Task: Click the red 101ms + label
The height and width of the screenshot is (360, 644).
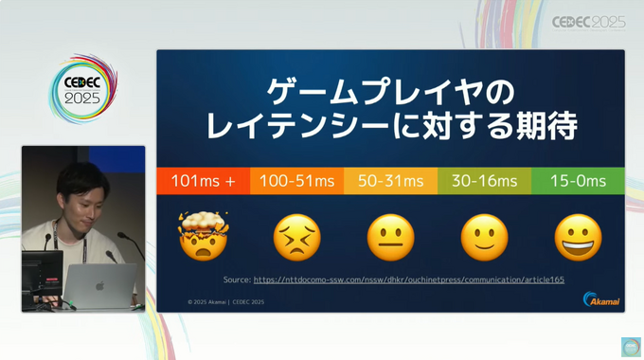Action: [x=204, y=181]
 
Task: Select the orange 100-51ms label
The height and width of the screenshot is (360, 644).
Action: [x=296, y=181]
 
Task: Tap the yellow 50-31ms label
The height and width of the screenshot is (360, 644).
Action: [x=390, y=181]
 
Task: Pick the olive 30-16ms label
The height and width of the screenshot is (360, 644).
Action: [x=484, y=181]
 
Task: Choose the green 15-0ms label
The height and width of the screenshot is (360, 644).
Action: [x=578, y=181]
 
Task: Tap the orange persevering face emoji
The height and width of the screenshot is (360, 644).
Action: [x=296, y=238]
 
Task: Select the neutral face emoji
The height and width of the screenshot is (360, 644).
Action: [x=390, y=238]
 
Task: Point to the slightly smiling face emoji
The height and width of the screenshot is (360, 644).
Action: [x=484, y=238]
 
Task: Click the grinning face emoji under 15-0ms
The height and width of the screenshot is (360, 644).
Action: [x=578, y=238]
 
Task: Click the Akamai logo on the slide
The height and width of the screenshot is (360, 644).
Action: [x=601, y=299]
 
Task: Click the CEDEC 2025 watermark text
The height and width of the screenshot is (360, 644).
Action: [x=588, y=23]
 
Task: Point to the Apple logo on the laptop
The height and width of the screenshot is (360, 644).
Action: [x=98, y=284]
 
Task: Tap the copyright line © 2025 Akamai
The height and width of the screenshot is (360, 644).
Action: [x=225, y=302]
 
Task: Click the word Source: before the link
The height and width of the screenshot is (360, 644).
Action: [x=237, y=280]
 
